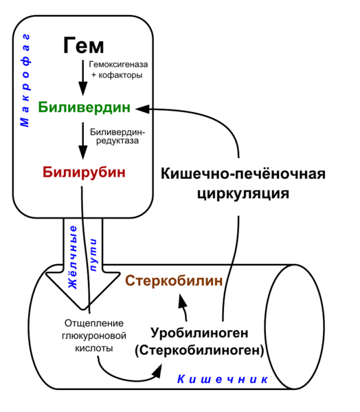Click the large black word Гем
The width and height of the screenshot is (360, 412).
point(84,45)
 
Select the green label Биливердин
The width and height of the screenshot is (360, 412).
point(85,107)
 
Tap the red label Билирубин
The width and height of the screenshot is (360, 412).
point(84,172)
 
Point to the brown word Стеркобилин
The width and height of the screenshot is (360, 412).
point(174,281)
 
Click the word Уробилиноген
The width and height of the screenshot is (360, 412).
point(199,333)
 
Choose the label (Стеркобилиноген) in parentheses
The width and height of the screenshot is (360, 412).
point(199,350)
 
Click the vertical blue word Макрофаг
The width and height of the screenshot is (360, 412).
point(25,80)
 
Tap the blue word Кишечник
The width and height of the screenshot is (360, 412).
point(223,379)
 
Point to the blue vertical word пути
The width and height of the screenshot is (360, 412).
point(93,255)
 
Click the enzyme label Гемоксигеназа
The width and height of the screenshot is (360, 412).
point(118,64)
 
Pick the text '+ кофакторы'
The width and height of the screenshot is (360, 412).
point(117,75)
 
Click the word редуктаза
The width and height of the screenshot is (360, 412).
point(117,141)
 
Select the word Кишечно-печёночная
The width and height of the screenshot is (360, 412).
point(243,174)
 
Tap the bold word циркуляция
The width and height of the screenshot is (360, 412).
point(243,194)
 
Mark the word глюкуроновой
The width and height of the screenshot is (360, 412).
point(94,336)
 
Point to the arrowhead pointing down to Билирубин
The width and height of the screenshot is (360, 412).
point(83,152)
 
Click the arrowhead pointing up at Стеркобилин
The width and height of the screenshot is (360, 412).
point(183,302)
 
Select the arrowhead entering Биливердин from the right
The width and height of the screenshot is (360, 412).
point(143,109)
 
